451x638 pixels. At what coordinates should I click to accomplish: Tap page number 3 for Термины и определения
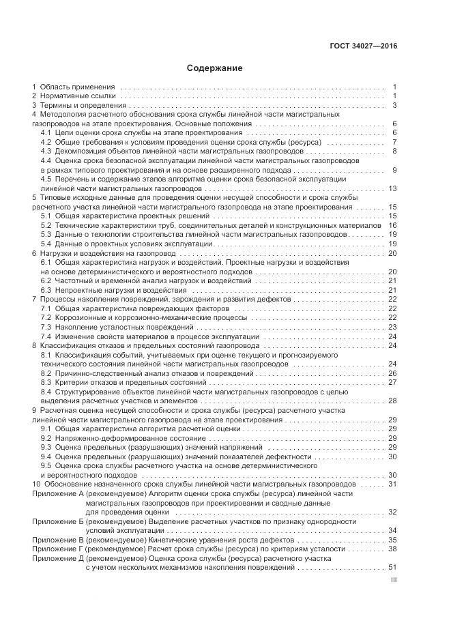point(394,106)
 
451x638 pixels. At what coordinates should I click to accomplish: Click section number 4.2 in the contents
point(46,142)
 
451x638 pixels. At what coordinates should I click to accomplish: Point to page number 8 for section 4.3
point(394,151)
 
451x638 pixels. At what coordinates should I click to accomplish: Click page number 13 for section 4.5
point(392,188)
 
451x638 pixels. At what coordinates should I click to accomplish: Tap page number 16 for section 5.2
point(392,225)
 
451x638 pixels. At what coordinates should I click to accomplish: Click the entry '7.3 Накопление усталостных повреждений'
point(108,327)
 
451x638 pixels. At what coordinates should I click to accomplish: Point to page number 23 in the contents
point(392,327)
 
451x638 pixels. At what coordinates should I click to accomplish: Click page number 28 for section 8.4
point(392,401)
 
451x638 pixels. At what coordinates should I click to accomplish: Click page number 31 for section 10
point(392,484)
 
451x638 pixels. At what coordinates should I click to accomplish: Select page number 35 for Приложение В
point(392,539)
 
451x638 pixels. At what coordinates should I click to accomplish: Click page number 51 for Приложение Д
point(392,567)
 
